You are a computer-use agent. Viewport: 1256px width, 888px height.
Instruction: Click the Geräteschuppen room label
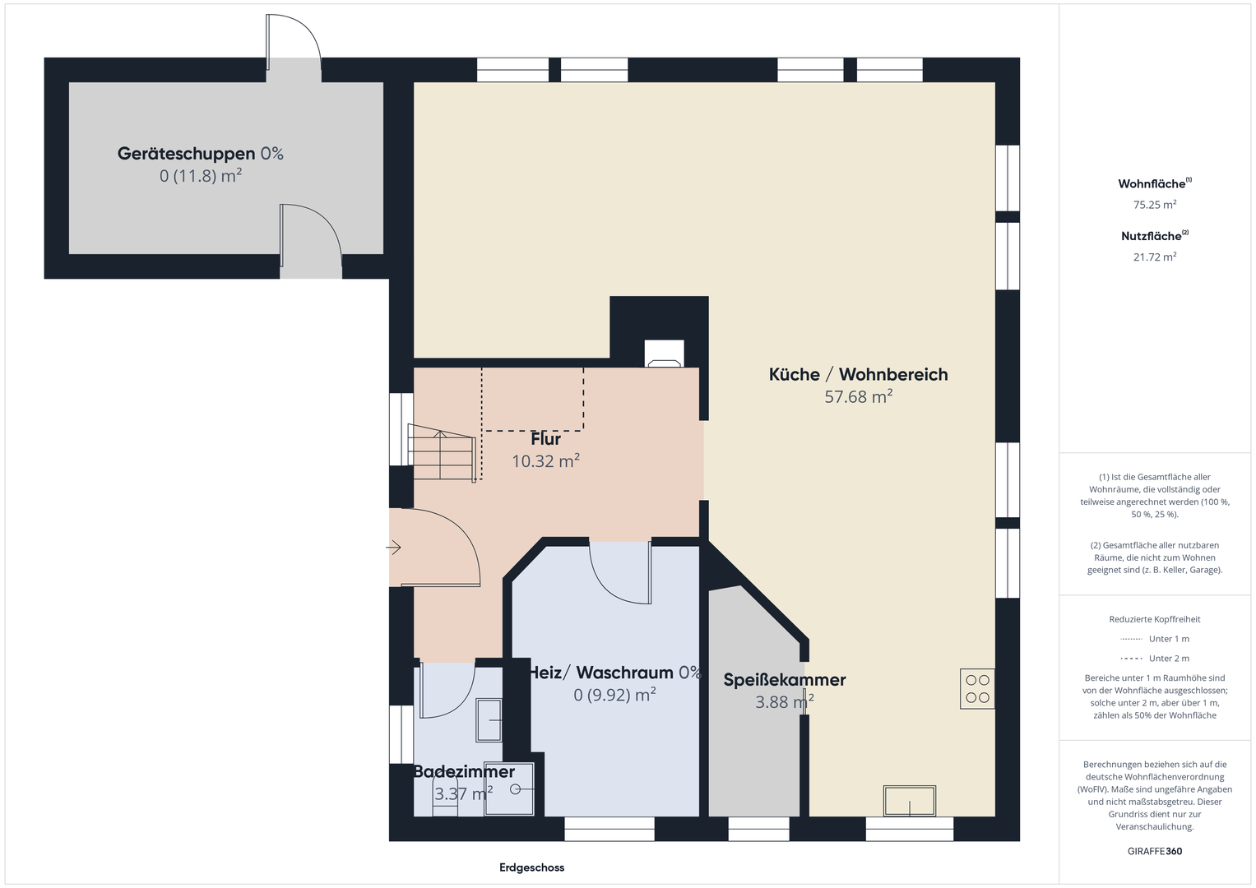[x=186, y=154]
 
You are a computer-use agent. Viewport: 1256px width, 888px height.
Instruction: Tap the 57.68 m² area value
[x=859, y=396]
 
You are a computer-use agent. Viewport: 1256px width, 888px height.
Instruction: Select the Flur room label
[x=545, y=438]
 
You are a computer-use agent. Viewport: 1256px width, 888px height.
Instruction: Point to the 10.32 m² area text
[x=545, y=460]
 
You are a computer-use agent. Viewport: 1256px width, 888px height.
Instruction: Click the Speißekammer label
[x=785, y=679]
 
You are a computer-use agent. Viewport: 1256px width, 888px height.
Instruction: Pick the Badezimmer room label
[x=464, y=771]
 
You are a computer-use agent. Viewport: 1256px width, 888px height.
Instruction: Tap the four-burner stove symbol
[x=977, y=689]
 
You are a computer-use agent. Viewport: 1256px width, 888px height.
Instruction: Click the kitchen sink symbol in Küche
[x=910, y=801]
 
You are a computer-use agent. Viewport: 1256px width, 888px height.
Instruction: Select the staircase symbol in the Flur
[x=443, y=453]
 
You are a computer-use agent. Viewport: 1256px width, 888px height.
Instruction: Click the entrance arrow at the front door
[x=394, y=547]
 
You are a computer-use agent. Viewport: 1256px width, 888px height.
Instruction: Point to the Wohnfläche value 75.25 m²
[x=1155, y=205]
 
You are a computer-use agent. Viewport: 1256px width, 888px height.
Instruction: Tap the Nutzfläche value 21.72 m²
[x=1155, y=257]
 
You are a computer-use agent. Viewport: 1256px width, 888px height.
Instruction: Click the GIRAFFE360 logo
[x=1155, y=851]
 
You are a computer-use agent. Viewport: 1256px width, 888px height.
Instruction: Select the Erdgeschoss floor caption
[x=531, y=867]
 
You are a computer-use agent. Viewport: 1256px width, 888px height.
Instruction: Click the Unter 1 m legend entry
[x=1155, y=639]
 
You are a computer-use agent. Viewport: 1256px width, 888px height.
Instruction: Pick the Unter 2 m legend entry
[x=1155, y=658]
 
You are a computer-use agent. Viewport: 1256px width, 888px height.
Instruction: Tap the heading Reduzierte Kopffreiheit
[x=1155, y=619]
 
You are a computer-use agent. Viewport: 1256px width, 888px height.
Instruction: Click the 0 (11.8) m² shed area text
[x=201, y=176]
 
